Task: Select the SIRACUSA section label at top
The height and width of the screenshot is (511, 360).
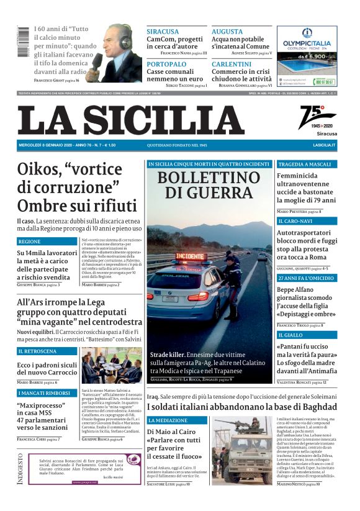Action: [163, 31]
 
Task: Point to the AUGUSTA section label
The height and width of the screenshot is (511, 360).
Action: [227, 31]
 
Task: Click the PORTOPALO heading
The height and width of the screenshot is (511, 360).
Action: [166, 64]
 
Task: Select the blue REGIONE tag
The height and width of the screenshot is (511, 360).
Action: [30, 241]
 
